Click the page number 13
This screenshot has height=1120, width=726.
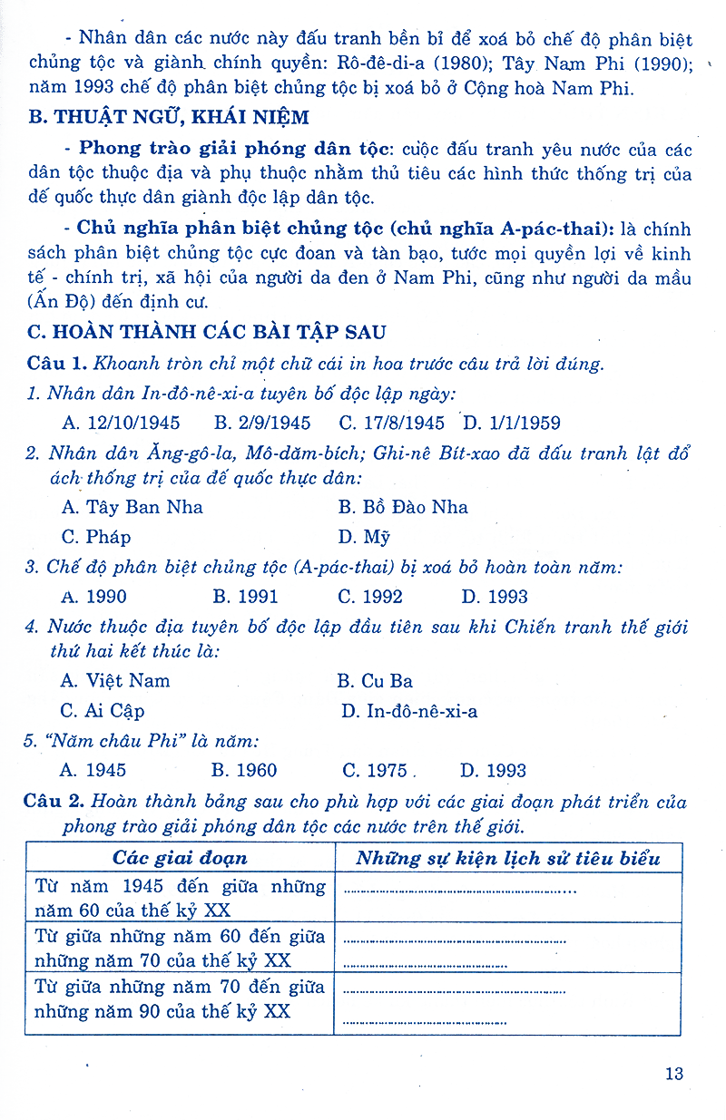coord(673,1075)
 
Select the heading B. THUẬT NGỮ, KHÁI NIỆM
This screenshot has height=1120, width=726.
coord(169,117)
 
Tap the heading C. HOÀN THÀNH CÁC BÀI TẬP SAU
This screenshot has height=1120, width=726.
coord(207,333)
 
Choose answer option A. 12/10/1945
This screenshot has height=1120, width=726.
coord(121,423)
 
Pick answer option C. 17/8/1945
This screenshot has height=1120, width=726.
coord(391,423)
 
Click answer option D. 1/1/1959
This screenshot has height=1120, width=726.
coord(511,423)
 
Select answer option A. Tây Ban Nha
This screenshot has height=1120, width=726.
coord(132,507)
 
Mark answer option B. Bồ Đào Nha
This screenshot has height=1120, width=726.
coord(403,507)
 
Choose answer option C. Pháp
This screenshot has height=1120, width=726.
coord(95,537)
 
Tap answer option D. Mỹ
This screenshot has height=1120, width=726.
coord(364,537)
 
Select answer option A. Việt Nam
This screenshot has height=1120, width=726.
coord(114,680)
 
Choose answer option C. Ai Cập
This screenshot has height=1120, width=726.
coord(102,711)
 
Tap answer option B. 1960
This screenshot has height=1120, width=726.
coord(244,771)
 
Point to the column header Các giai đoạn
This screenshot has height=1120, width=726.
coord(180,858)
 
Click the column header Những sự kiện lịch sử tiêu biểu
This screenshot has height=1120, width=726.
coord(507,858)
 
